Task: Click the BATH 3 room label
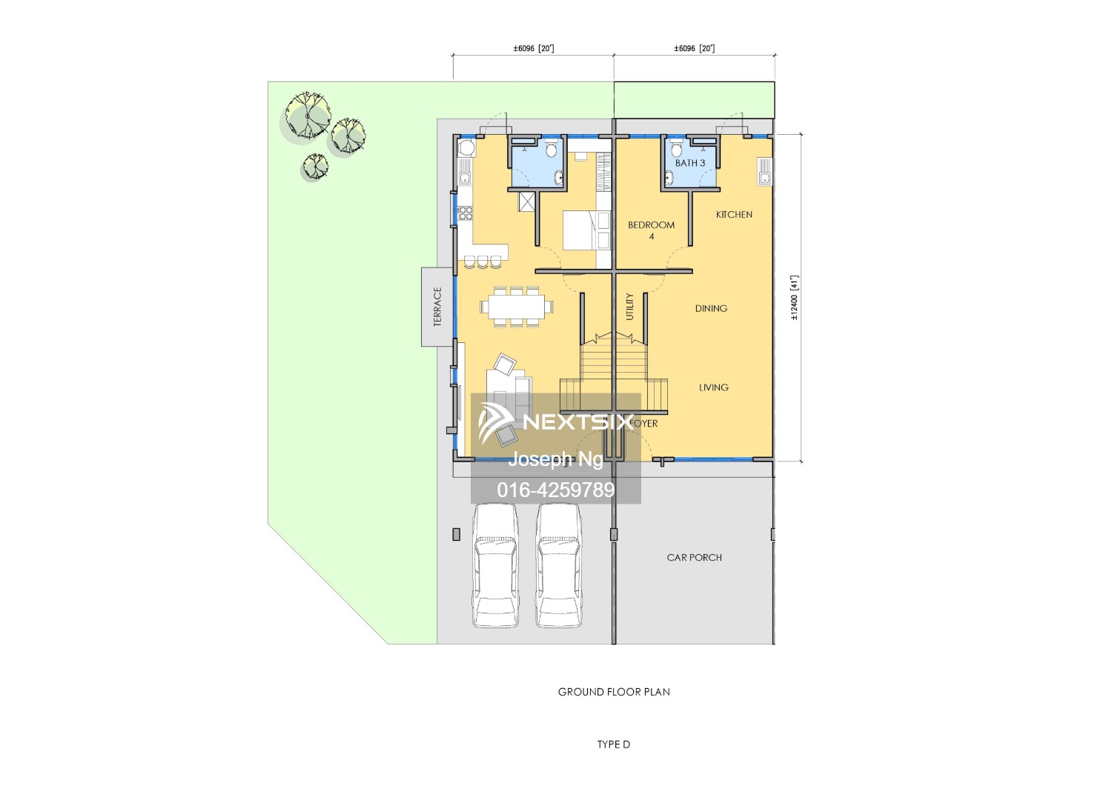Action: point(690,163)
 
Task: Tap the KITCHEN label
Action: point(734,215)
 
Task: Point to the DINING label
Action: point(711,308)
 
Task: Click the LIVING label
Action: point(714,387)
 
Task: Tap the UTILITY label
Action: point(630,306)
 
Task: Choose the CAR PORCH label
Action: point(694,558)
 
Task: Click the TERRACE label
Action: point(437,307)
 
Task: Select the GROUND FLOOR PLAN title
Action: point(614,692)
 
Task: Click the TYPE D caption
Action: point(614,745)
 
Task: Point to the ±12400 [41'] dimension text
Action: point(794,298)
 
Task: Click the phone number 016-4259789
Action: point(556,490)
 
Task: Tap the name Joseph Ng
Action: point(555,459)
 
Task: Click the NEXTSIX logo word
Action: point(578,422)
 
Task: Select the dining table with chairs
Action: point(516,305)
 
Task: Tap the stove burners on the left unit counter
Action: point(466,213)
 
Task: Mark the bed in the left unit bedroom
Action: point(586,230)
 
